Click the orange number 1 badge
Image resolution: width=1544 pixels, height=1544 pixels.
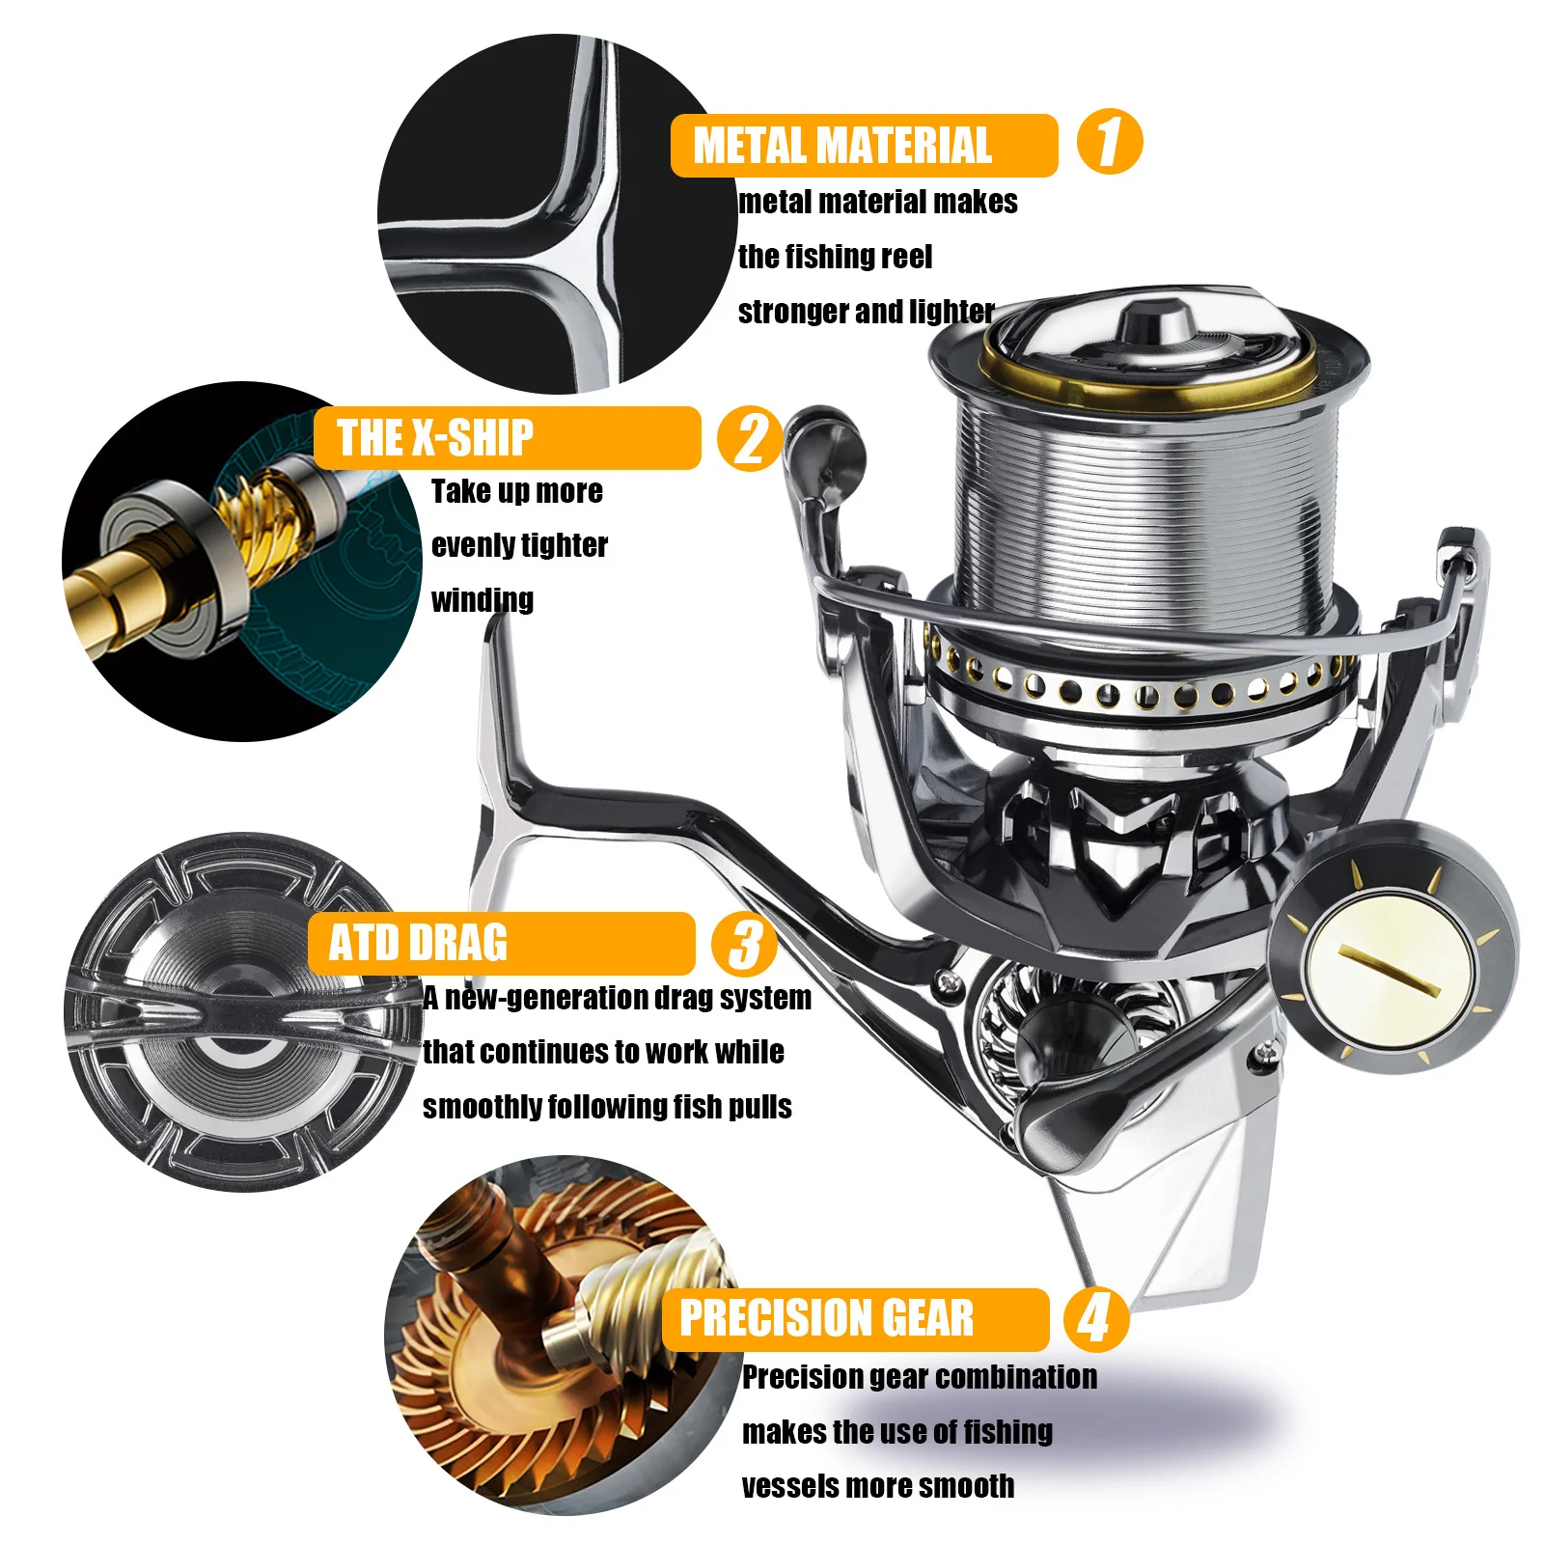[1109, 142]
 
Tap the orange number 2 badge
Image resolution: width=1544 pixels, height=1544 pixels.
[750, 438]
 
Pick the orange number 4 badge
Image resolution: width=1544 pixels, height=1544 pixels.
[1095, 1319]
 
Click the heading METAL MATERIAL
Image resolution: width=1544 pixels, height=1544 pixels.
[841, 146]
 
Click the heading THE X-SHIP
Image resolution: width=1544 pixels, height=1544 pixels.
[434, 438]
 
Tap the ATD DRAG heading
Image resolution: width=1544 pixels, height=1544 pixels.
[418, 944]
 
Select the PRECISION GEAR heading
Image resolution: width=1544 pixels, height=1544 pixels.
[826, 1319]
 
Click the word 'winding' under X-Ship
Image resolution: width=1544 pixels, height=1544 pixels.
[482, 600]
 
